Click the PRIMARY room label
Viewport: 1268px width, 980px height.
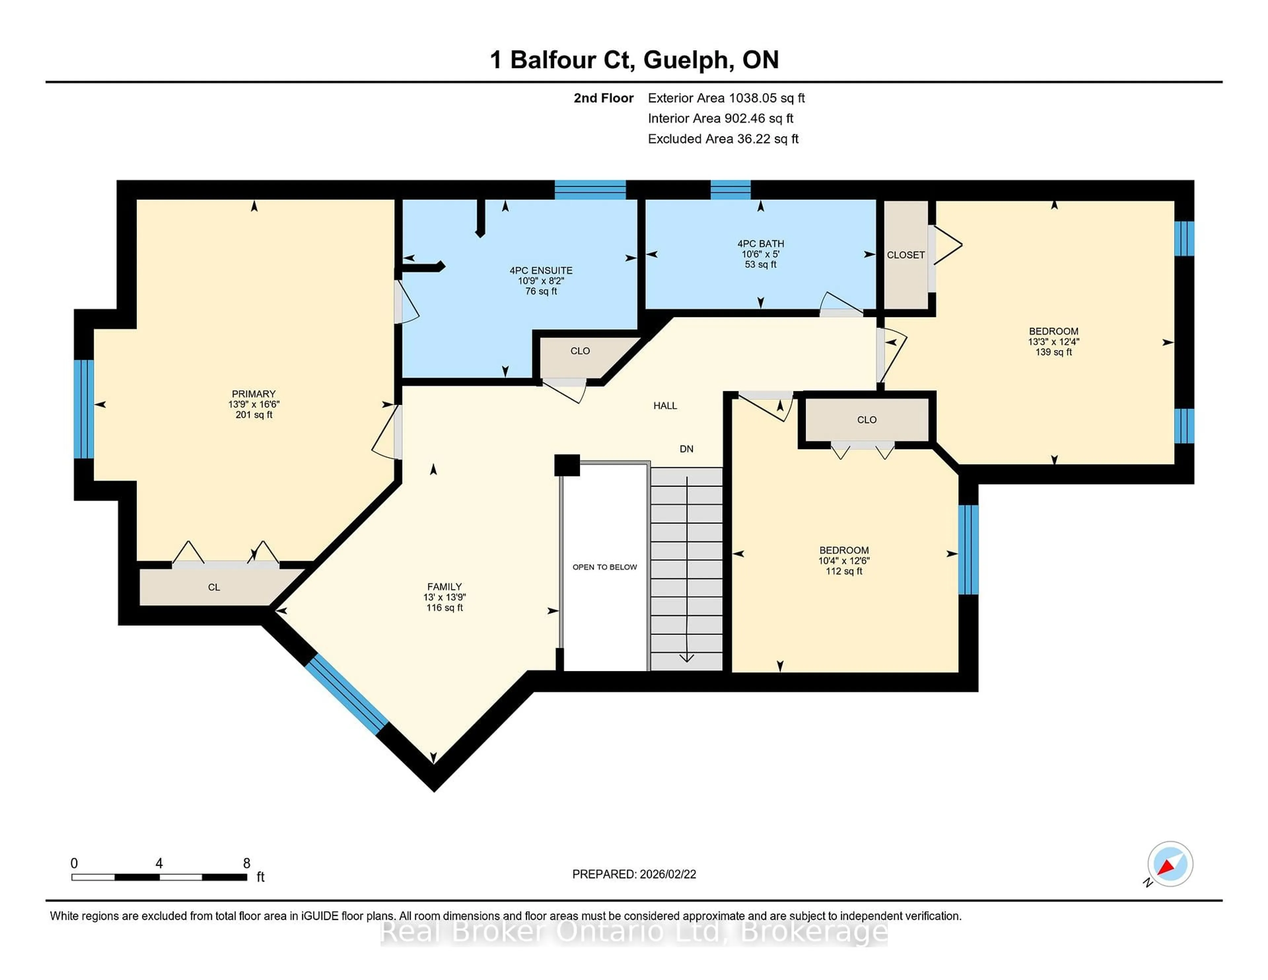(254, 394)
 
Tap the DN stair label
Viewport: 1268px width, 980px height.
(686, 449)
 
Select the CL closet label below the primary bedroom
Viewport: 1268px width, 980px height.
(214, 587)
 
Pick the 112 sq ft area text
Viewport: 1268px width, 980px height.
(844, 571)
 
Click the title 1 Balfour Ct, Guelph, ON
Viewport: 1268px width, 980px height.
(634, 60)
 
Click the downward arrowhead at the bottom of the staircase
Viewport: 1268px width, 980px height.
(687, 658)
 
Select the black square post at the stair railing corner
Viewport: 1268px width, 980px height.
(567, 465)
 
